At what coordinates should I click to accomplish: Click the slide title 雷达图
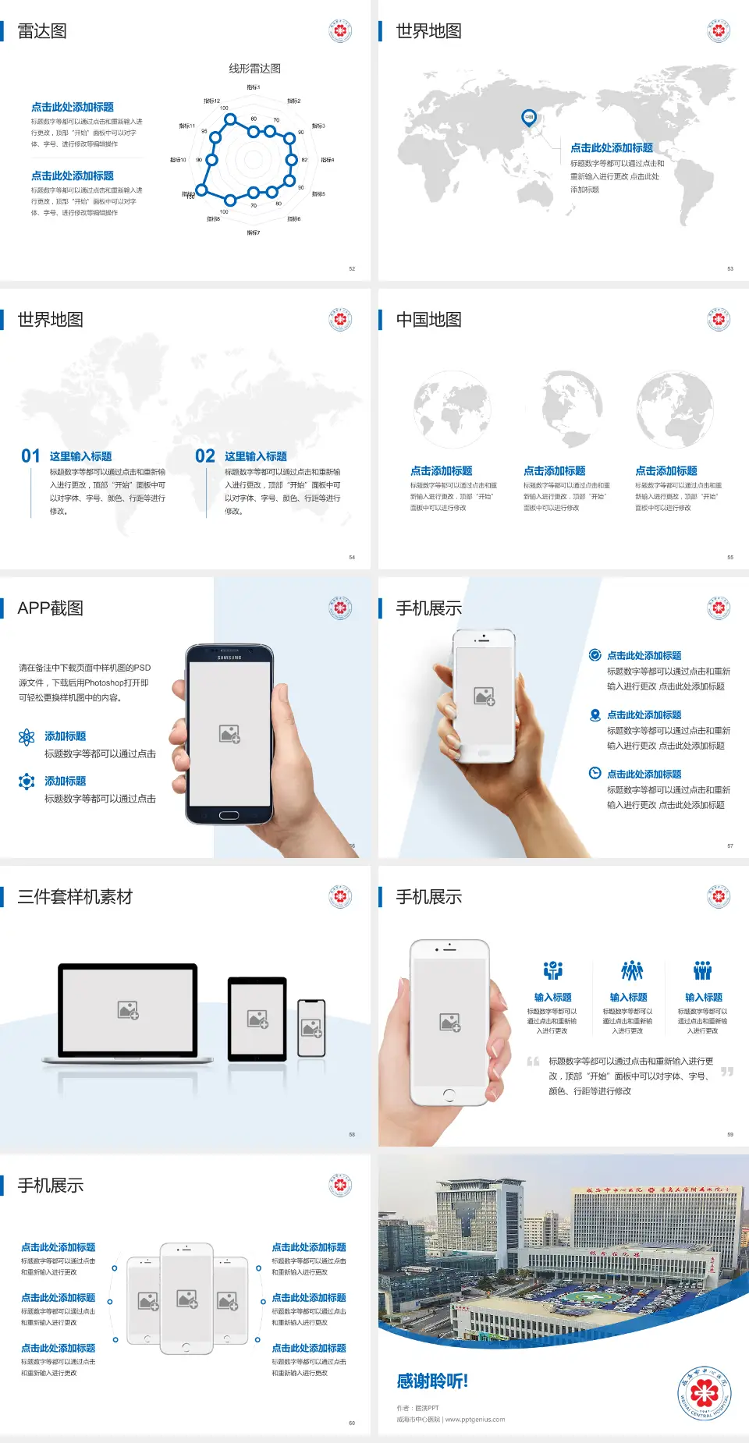point(42,31)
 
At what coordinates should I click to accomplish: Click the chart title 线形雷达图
point(254,69)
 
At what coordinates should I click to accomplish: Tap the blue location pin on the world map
point(528,117)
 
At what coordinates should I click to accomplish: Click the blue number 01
point(30,456)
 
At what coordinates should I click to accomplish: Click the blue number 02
point(205,456)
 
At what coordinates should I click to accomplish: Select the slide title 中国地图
point(428,320)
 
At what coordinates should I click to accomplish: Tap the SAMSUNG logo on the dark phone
point(229,658)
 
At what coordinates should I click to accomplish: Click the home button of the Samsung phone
point(229,815)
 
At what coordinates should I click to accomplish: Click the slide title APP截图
point(50,608)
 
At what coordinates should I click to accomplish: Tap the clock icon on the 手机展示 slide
point(595,773)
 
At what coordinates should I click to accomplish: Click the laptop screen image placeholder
point(128,1010)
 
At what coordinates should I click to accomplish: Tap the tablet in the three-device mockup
point(257,1018)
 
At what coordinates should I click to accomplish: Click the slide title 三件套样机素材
point(75,897)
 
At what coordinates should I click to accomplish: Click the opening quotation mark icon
point(533,1062)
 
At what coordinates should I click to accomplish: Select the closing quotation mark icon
point(726,1072)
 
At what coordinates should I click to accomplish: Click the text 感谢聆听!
point(432,1381)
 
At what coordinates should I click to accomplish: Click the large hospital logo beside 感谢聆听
point(704,1392)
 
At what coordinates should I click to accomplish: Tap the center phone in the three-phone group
point(186,1299)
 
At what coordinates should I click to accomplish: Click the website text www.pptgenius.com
point(475,1420)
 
